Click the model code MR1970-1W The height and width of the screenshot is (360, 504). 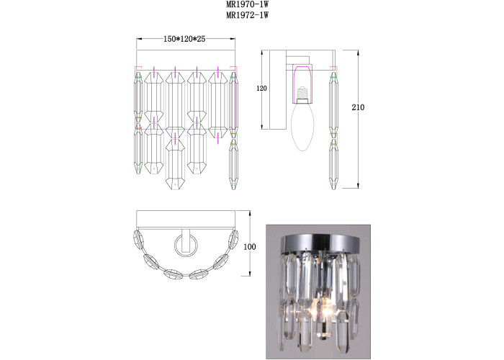click(x=247, y=5)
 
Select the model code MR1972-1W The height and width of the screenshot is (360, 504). click(x=247, y=15)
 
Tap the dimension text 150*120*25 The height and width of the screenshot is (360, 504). click(x=184, y=39)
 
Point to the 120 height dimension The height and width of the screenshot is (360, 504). click(x=262, y=88)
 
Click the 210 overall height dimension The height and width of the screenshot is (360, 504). click(x=358, y=107)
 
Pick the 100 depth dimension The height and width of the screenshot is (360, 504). click(x=250, y=247)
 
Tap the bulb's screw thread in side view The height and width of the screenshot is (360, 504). click(x=302, y=94)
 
